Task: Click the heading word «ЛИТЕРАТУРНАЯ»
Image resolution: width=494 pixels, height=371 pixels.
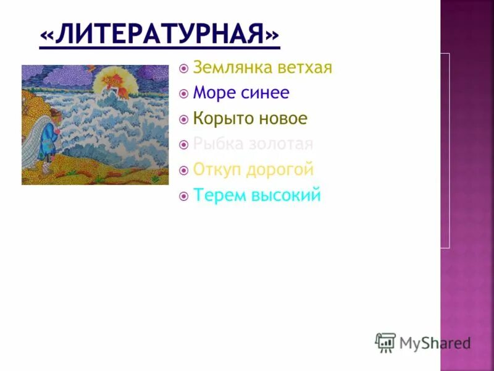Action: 159,34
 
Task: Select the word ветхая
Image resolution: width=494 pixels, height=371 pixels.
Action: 304,67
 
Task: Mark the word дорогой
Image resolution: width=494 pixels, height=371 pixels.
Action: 283,169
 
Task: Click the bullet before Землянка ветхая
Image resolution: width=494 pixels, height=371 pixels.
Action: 183,68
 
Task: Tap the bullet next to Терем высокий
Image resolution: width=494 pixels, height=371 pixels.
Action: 183,196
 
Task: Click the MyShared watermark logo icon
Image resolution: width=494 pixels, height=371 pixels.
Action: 385,342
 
